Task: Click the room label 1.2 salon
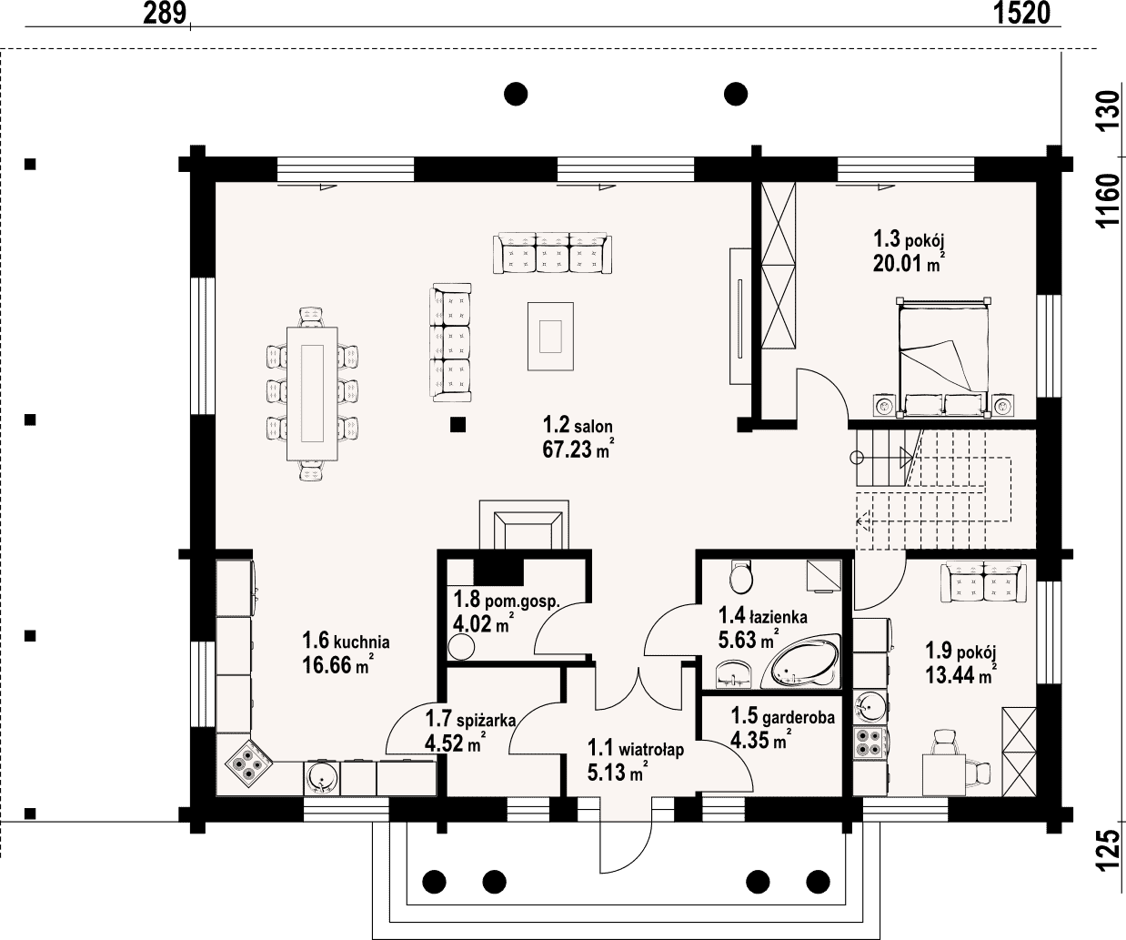pyautogui.click(x=578, y=426)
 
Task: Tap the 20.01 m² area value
pyautogui.click(x=909, y=263)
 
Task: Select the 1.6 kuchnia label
pyautogui.click(x=346, y=641)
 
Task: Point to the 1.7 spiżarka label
pyautogui.click(x=471, y=719)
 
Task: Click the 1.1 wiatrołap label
pyautogui.click(x=635, y=749)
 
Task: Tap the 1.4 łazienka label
pyautogui.click(x=762, y=616)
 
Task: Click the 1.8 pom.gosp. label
pyautogui.click(x=507, y=600)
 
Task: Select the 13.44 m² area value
pyautogui.click(x=961, y=675)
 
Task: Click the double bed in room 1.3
pyautogui.click(x=944, y=358)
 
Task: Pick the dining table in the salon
pyautogui.click(x=312, y=393)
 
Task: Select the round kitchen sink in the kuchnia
pyautogui.click(x=322, y=778)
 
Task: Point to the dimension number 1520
pyautogui.click(x=1021, y=13)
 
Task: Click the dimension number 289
pyautogui.click(x=165, y=13)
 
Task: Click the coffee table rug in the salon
pyautogui.click(x=550, y=336)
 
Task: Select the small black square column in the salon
pyautogui.click(x=457, y=425)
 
